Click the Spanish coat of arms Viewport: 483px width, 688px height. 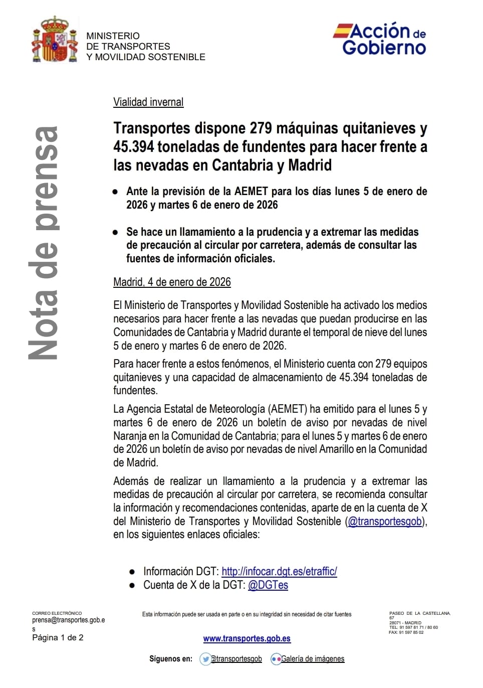tap(55, 40)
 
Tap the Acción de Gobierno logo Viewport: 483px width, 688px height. tap(380, 39)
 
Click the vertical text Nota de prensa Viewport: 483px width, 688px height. tap(44, 243)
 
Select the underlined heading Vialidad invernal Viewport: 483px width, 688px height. tap(148, 102)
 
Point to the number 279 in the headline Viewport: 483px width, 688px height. tap(261, 128)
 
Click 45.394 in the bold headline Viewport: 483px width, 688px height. tap(134, 147)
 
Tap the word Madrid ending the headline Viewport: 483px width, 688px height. tap(310, 165)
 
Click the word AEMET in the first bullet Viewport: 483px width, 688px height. tap(252, 192)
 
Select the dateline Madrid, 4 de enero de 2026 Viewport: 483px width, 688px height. tap(172, 282)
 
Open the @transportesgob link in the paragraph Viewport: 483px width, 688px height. tap(385, 522)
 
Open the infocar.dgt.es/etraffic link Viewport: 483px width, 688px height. tap(279, 571)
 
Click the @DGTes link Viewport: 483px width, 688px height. tap(268, 585)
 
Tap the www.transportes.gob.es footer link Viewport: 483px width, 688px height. tap(247, 638)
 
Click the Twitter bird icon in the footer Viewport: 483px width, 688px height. tap(205, 659)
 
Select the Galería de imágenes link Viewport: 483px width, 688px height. tap(313, 659)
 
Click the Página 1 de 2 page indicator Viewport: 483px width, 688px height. tap(58, 638)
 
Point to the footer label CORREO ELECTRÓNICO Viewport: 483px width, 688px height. tap(57, 613)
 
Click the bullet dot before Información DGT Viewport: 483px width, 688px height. tap(132, 572)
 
